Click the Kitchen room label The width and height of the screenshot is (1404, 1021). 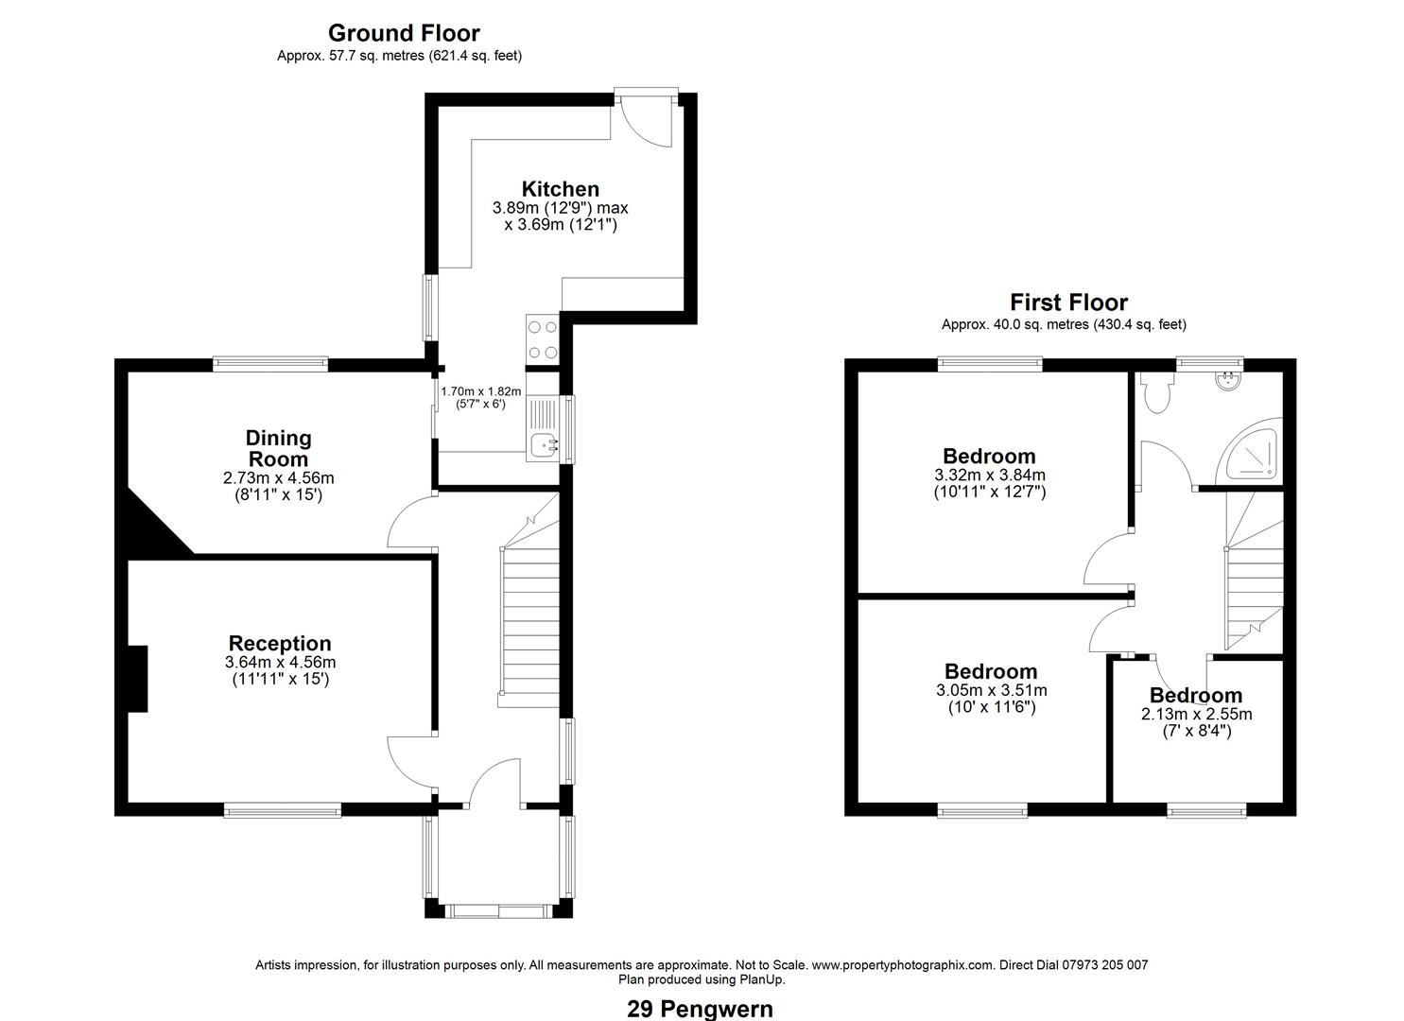[561, 189]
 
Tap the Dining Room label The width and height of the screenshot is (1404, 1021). [278, 448]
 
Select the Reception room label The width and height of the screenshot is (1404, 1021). [280, 644]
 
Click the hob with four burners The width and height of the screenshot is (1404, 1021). [543, 339]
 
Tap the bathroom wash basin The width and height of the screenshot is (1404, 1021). [1228, 381]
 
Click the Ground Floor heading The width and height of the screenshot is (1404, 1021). [404, 34]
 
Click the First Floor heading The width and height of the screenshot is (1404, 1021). [1068, 303]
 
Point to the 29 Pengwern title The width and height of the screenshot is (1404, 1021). [700, 1009]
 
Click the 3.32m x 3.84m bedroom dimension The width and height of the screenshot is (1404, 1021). [989, 476]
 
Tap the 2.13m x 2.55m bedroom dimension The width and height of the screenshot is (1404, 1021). [1196, 715]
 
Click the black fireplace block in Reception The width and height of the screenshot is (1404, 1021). [138, 679]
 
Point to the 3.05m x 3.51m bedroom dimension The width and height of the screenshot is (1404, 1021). [991, 690]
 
